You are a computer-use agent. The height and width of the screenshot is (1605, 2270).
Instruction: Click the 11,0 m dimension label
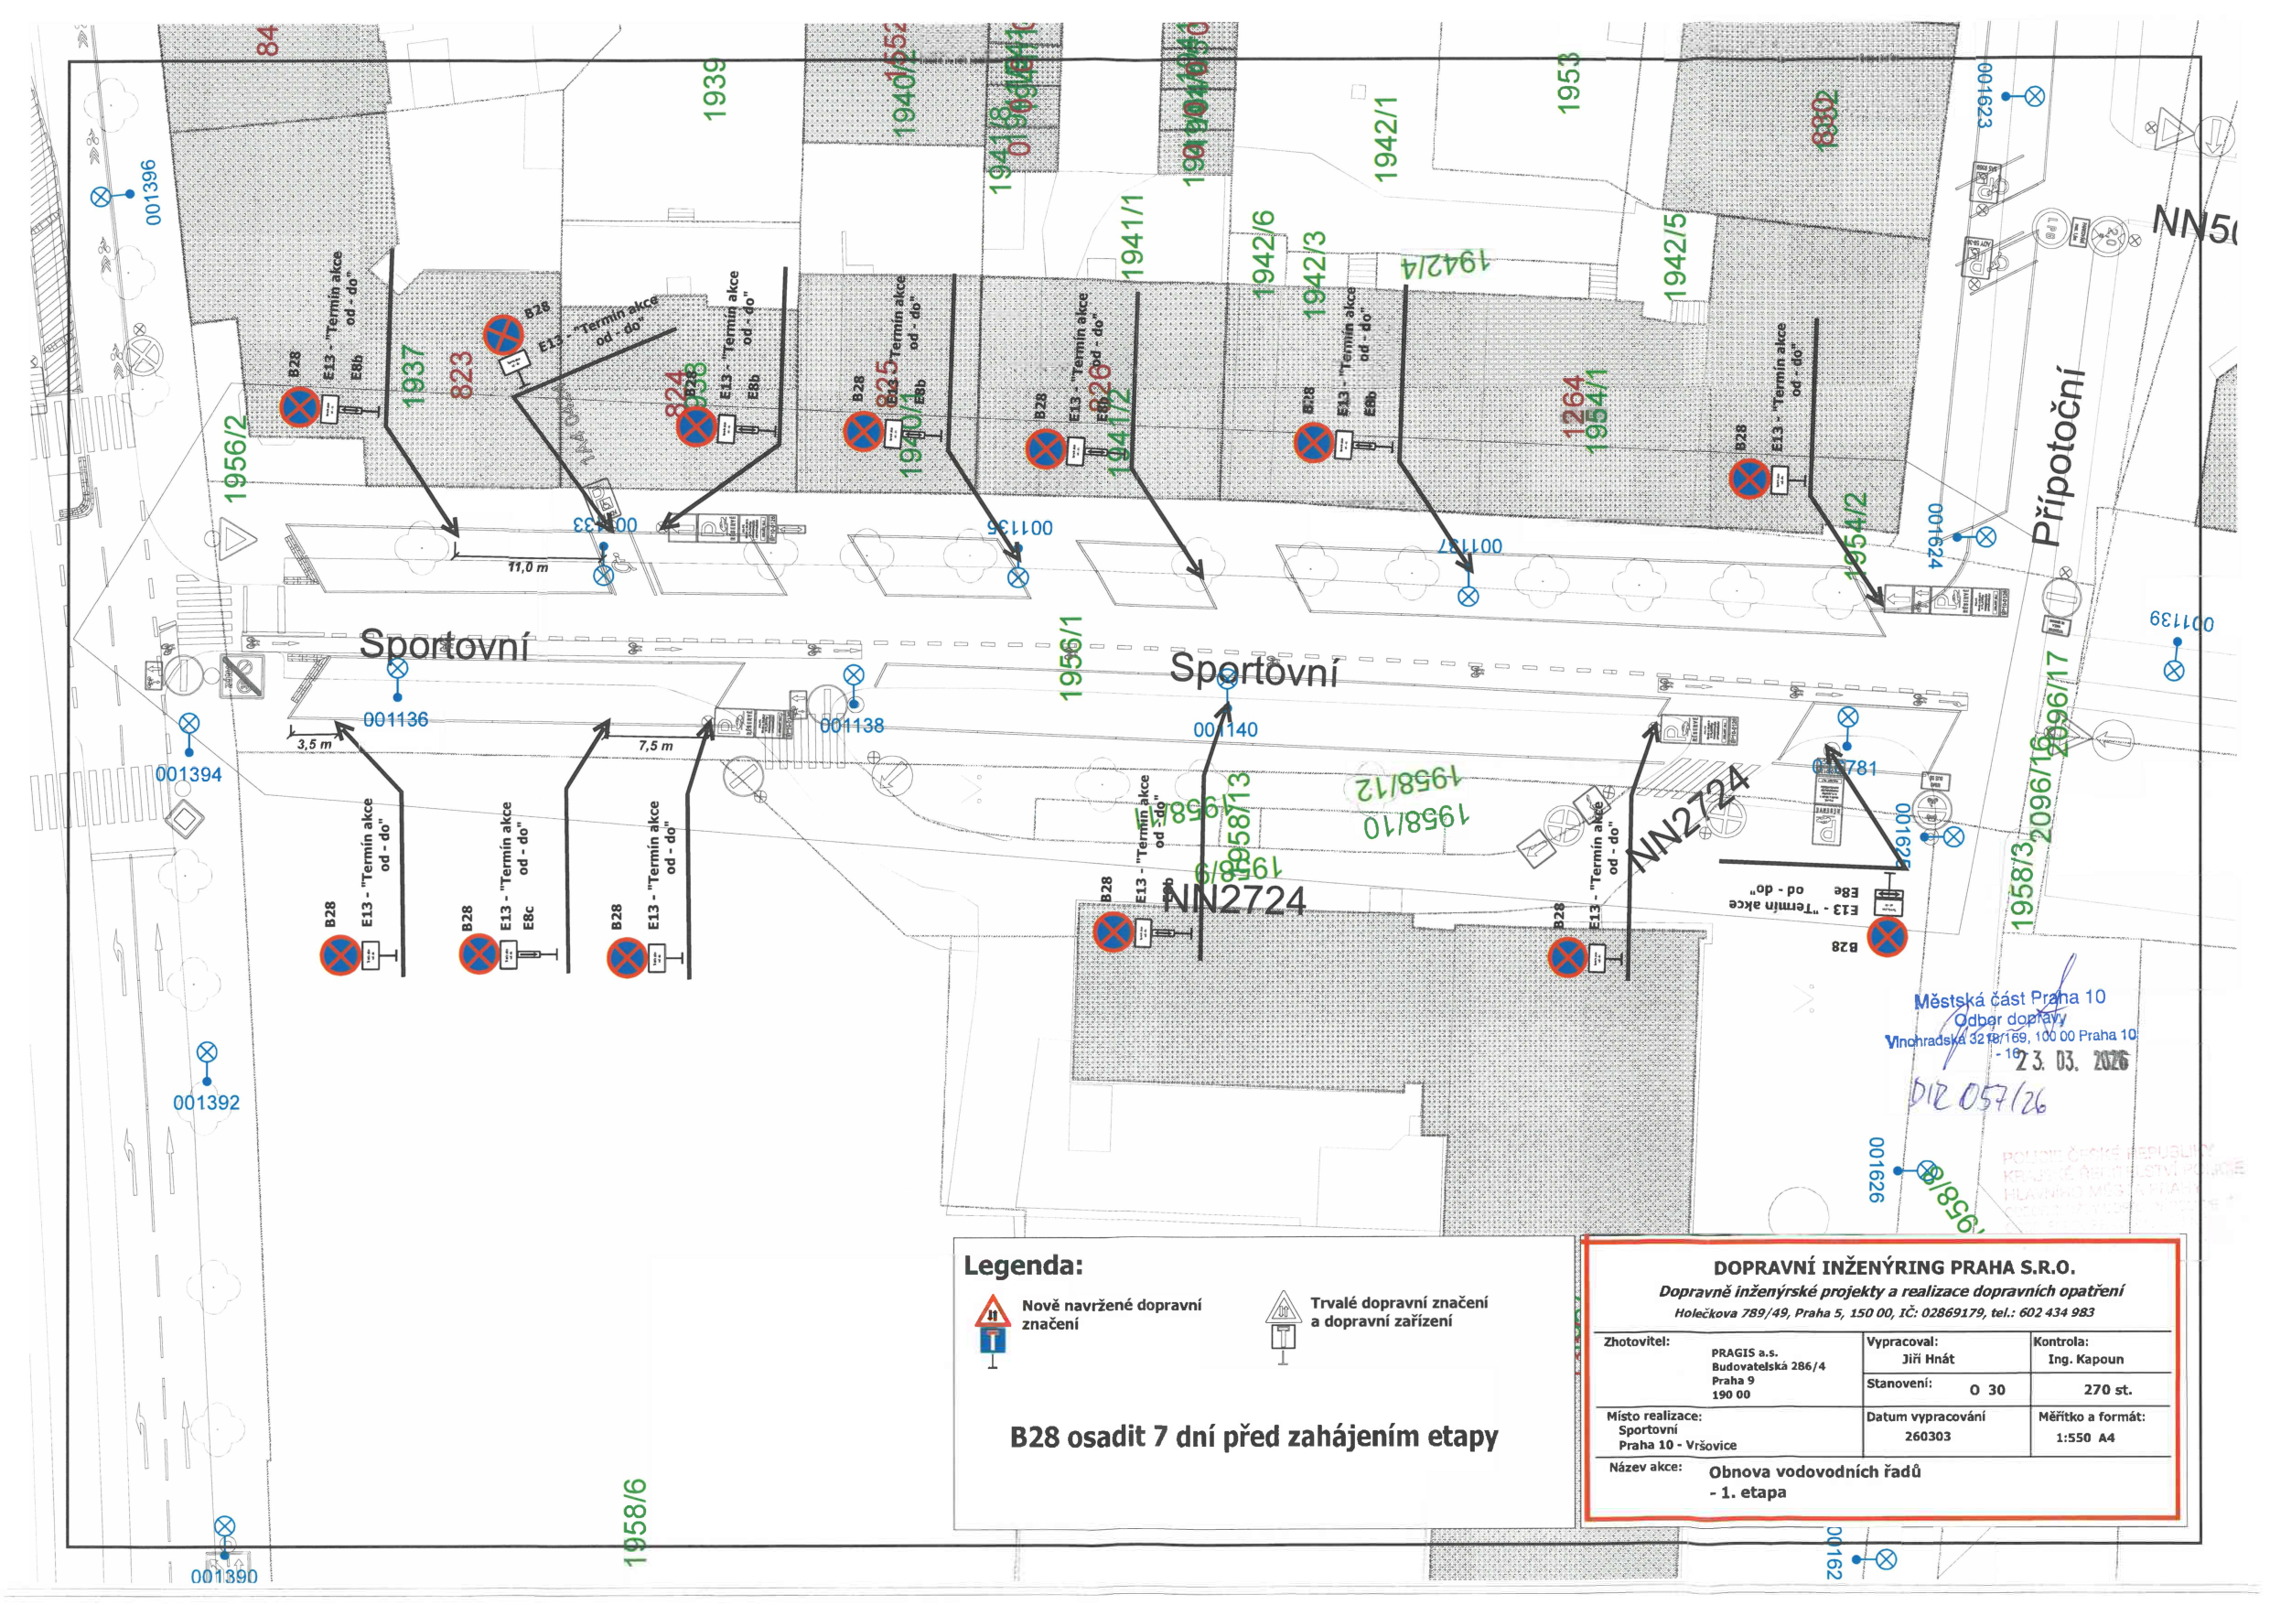[528, 567]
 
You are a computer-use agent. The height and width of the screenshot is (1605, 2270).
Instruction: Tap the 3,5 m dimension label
[315, 744]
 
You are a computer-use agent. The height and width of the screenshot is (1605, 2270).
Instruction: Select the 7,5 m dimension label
[654, 746]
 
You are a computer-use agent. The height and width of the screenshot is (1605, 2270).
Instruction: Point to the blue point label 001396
[150, 193]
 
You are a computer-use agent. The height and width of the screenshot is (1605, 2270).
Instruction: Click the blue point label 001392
[206, 1103]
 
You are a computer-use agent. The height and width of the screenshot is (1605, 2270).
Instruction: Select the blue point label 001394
[188, 774]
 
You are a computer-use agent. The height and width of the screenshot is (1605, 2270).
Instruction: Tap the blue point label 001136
[395, 720]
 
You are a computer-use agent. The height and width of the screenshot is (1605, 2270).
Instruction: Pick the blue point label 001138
[851, 726]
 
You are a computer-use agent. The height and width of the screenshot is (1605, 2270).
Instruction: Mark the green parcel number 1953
[1568, 83]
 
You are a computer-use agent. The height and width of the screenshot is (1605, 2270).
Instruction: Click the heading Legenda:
[1023, 1266]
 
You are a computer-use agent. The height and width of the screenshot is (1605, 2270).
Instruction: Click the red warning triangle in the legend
[992, 1312]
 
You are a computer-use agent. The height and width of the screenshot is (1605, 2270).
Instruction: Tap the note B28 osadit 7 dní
[1253, 1437]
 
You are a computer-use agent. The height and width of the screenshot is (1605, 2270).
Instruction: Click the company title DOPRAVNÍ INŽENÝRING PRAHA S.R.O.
[1893, 1267]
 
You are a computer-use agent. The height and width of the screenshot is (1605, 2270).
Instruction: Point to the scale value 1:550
[2072, 1438]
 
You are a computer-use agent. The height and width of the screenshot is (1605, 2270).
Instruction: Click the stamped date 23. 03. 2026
[2072, 1061]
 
